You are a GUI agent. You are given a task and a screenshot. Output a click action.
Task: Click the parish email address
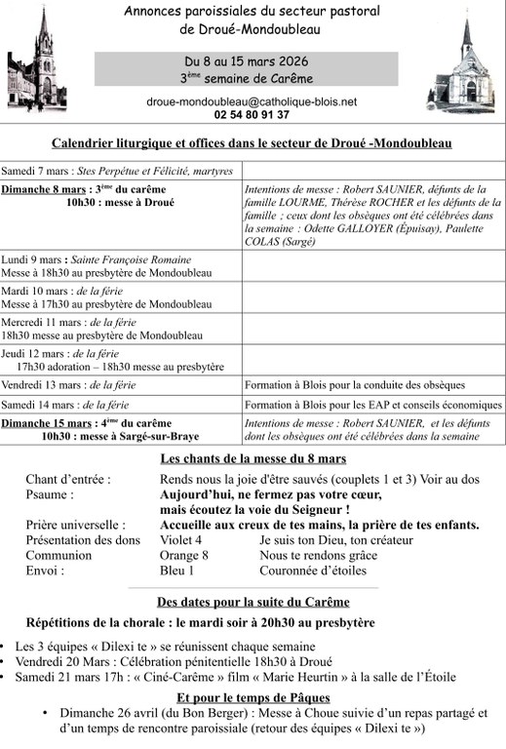click(x=252, y=100)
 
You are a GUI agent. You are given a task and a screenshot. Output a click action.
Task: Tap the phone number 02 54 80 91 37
click(x=252, y=114)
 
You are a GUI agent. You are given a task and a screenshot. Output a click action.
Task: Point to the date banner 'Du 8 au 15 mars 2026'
click(x=258, y=60)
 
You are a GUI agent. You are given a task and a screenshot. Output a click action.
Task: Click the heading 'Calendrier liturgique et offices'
click(x=252, y=142)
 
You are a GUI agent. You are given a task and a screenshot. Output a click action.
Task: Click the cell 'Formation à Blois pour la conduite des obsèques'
click(x=355, y=385)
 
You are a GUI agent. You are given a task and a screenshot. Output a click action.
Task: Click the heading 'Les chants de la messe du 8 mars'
click(x=253, y=458)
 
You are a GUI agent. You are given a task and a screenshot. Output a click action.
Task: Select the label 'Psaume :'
click(x=55, y=494)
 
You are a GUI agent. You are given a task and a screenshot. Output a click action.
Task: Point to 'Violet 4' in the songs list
click(x=180, y=539)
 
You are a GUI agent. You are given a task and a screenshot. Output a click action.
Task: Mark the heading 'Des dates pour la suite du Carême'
click(x=253, y=601)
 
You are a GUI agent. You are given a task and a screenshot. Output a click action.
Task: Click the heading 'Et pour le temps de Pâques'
click(x=253, y=697)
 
